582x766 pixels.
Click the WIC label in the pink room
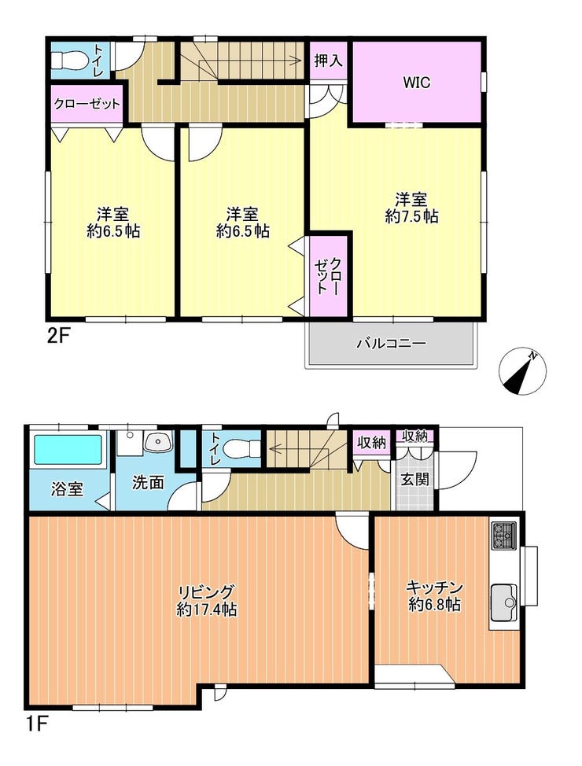pyautogui.click(x=416, y=82)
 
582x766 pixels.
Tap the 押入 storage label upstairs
pyautogui.click(x=328, y=61)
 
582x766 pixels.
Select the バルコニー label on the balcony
pyautogui.click(x=391, y=343)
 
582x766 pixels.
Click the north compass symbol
pyautogui.click(x=522, y=370)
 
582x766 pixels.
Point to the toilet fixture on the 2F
pyautogui.click(x=68, y=61)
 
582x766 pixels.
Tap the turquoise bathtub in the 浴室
pyautogui.click(x=68, y=449)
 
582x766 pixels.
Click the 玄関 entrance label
pyautogui.click(x=414, y=479)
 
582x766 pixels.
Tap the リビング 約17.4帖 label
pyautogui.click(x=207, y=600)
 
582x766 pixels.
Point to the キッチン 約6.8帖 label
pyautogui.click(x=434, y=595)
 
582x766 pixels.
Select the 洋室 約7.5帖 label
pyautogui.click(x=411, y=208)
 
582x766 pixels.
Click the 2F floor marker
pyautogui.click(x=59, y=337)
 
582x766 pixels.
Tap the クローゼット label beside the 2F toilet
pyautogui.click(x=87, y=104)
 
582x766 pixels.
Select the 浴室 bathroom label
pyautogui.click(x=67, y=489)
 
